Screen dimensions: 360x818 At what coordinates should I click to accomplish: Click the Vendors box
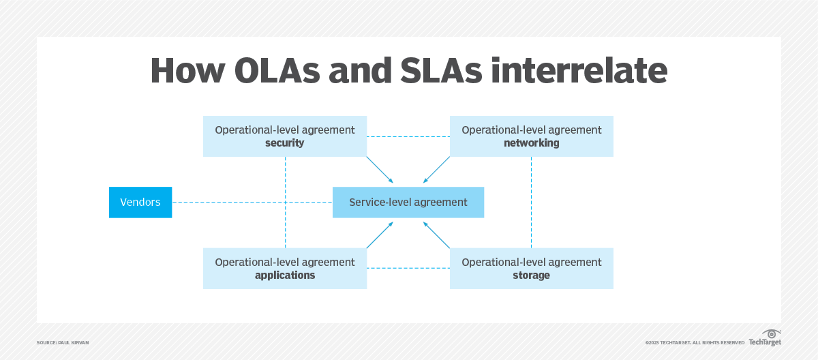point(140,202)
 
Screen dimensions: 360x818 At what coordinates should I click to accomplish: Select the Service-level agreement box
point(408,202)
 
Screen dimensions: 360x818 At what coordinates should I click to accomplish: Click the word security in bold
point(285,143)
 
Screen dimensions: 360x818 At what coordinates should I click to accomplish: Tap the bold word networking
point(531,143)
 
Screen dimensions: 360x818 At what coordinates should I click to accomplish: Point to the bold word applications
point(285,275)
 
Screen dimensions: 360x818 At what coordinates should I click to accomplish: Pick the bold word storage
point(531,275)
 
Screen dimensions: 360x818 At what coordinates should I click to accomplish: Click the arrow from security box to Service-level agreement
point(380,170)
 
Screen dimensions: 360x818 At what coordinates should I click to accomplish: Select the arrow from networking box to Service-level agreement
point(437,170)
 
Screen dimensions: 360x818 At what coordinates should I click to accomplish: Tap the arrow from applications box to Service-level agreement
point(380,235)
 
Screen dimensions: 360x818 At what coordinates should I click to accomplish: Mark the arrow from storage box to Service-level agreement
point(437,235)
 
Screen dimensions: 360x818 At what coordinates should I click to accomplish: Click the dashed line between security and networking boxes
point(408,137)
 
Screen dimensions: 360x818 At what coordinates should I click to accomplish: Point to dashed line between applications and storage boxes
point(408,269)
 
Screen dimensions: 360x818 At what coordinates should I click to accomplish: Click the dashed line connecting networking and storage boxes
point(531,202)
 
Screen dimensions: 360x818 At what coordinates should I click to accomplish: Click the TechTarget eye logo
point(771,333)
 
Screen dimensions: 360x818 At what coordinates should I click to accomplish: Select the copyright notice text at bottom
point(694,342)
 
